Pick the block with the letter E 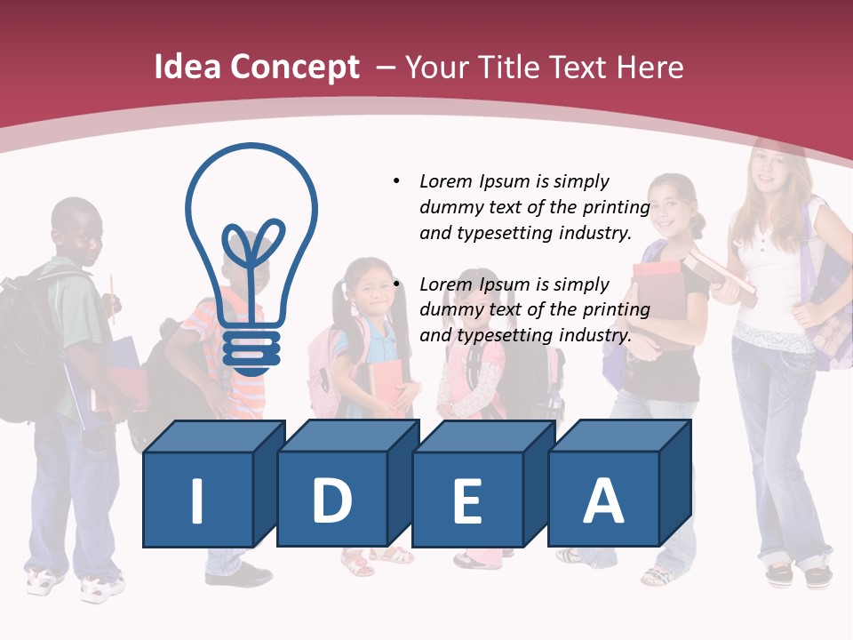tap(467, 500)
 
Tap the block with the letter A tap(602, 500)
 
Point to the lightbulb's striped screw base tap(251, 349)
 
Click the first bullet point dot tap(396, 181)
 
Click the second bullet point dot tap(396, 284)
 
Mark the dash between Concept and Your tap(386, 68)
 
